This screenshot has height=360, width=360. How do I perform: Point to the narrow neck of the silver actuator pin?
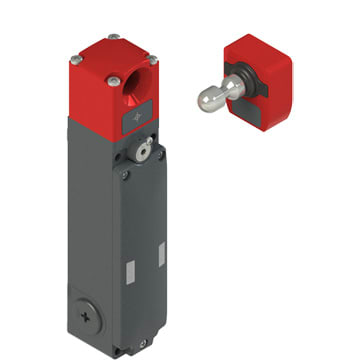point(223,91)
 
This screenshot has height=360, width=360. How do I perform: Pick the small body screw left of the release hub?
point(125,173)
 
